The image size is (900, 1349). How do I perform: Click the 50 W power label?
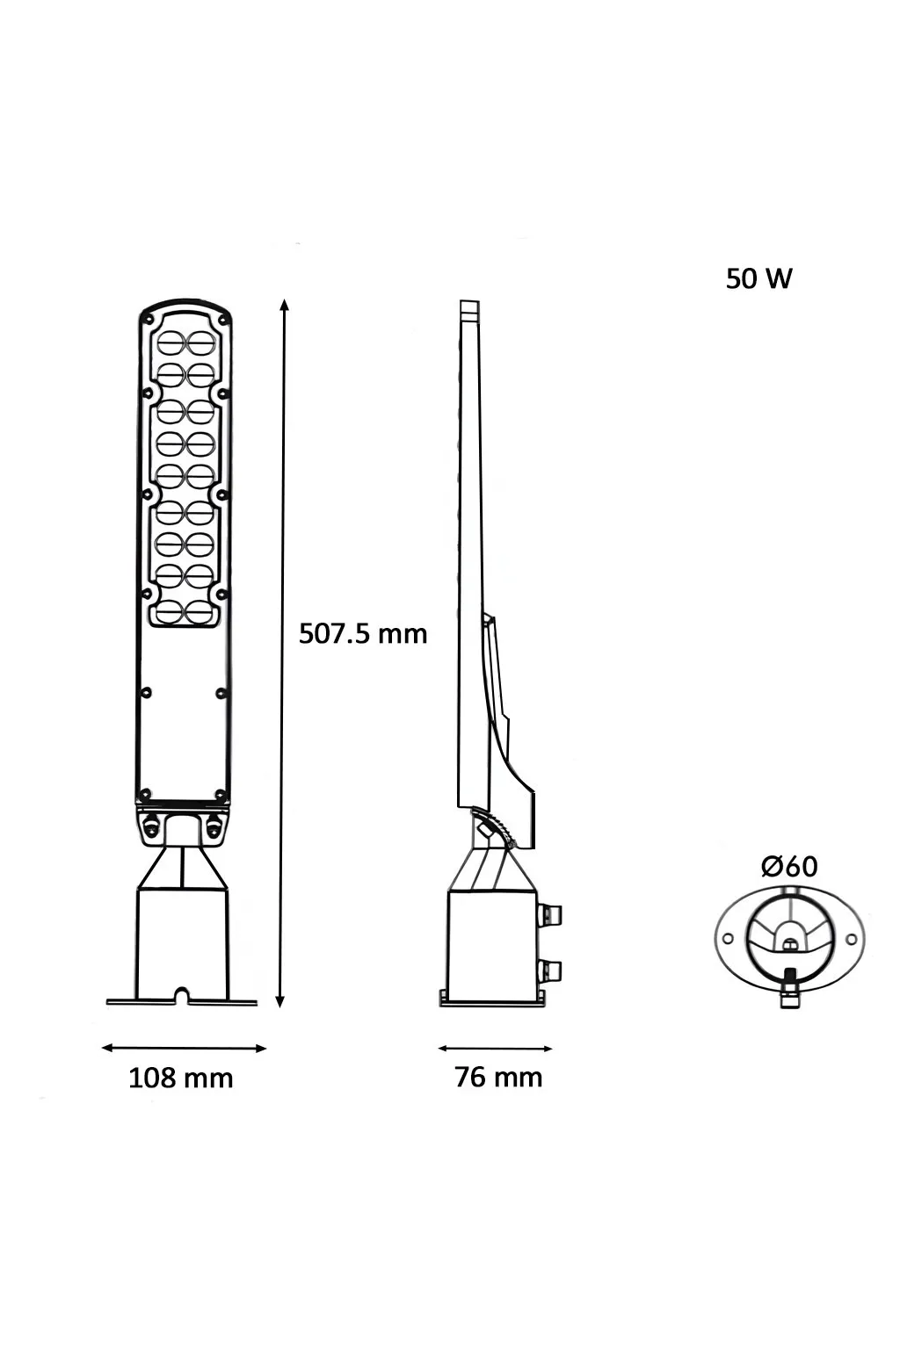pos(758,278)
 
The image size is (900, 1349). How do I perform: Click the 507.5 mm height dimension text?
pos(363,633)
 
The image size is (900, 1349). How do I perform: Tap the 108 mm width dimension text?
pos(181,1078)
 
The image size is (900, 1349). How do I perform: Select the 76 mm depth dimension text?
pos(498,1077)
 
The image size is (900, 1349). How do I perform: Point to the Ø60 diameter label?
pos(788,866)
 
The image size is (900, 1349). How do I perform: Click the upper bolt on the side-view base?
pos(551,915)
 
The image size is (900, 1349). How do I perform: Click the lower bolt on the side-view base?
pos(551,970)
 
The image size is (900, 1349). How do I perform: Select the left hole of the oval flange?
pos(728,940)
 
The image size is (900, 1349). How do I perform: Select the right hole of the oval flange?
pos(850,940)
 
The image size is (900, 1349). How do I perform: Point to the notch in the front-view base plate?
pos(181,995)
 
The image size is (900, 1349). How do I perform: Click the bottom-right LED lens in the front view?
pos(202,610)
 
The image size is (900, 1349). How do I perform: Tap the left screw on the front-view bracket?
pos(152,826)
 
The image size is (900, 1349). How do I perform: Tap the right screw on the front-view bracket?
pos(212,826)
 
